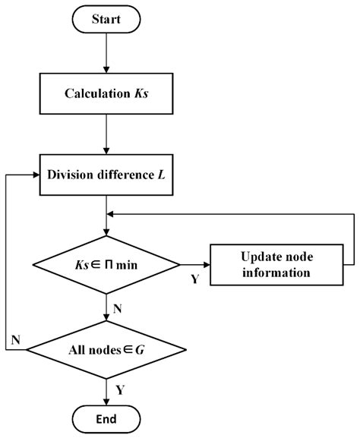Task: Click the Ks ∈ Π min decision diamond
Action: (x=107, y=265)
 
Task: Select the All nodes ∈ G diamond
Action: (x=107, y=350)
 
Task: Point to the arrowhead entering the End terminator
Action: (x=107, y=400)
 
